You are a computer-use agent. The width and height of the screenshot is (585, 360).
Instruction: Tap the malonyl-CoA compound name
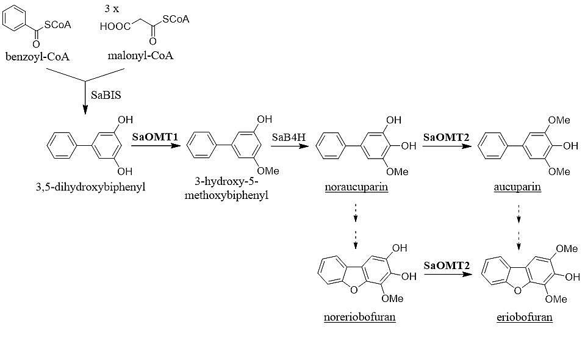coord(140,56)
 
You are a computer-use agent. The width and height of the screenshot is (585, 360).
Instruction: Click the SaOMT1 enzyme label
coord(155,137)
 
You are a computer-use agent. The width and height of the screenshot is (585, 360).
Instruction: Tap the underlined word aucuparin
coord(517,187)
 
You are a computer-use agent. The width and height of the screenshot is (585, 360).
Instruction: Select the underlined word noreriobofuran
coord(360,317)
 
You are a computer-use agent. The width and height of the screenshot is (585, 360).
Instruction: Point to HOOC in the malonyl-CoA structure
coord(114,26)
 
